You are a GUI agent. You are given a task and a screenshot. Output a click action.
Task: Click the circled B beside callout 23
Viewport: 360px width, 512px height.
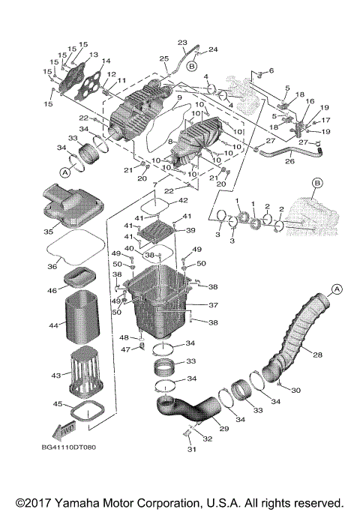point(191,67)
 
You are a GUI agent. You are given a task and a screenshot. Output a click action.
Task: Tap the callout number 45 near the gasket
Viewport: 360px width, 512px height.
point(56,404)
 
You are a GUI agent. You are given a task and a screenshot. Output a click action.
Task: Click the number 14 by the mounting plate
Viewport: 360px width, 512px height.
point(105,62)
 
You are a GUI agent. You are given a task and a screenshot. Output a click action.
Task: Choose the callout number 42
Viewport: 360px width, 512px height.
point(183,202)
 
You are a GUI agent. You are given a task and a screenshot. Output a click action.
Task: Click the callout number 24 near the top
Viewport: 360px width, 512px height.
point(213,50)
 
